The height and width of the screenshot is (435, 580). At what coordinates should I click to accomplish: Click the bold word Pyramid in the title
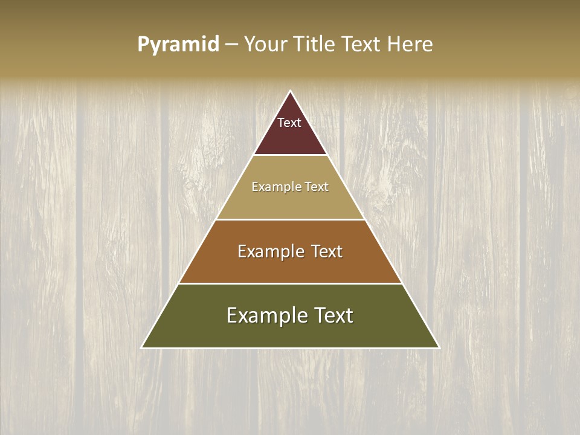178,45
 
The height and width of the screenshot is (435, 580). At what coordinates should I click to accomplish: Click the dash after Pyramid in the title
231,45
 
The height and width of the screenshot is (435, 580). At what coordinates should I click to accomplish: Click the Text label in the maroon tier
289,123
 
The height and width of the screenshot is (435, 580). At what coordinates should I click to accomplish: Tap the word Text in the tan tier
317,187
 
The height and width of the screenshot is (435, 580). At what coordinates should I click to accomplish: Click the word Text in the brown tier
326,251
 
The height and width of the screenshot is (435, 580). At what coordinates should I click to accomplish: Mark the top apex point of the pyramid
291,91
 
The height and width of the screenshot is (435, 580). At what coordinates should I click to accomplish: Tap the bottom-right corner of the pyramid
439,347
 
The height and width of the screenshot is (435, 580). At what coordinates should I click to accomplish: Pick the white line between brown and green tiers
291,283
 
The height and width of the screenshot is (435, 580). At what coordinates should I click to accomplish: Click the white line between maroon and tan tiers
291,155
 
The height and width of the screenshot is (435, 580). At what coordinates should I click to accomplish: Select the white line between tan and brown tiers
291,219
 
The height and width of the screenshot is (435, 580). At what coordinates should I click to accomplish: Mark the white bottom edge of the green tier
291,348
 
